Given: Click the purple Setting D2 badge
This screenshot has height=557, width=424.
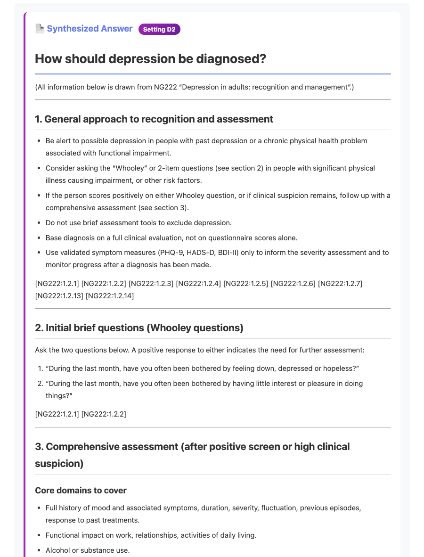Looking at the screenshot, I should tap(159, 29).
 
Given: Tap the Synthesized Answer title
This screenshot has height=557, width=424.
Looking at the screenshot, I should tap(90, 29).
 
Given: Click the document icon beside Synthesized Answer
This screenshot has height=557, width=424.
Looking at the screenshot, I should tap(40, 29).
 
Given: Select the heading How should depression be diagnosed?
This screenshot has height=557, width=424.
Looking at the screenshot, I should tap(150, 59).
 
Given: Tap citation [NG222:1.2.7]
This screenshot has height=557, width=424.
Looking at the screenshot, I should tap(340, 283).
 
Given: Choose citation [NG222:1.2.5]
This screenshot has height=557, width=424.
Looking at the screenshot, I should tap(245, 283).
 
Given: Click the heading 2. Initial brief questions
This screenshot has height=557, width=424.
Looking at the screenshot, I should tap(139, 328).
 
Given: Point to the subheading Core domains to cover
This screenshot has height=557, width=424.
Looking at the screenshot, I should tap(81, 491).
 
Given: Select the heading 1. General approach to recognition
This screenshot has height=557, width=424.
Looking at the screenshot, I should tap(154, 119).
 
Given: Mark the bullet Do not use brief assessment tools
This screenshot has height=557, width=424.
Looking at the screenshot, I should tap(139, 222).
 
